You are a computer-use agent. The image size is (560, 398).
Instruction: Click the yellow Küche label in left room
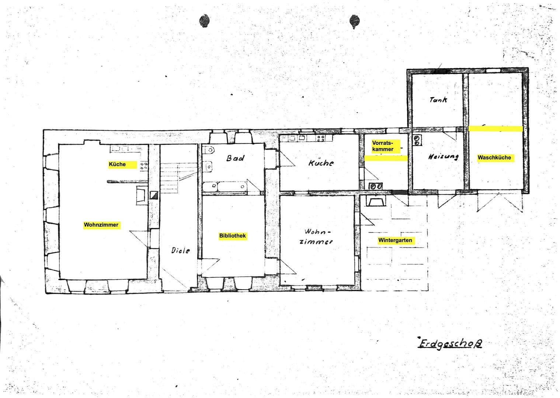(x=117, y=164)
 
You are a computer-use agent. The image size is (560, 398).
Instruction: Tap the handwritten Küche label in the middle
(x=321, y=163)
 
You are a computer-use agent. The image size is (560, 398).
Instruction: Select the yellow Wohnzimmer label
(x=101, y=225)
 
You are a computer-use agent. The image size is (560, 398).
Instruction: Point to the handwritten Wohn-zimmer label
(x=317, y=237)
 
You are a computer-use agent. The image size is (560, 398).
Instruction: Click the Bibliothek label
(x=232, y=236)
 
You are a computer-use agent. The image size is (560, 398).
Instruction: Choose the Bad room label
(x=235, y=158)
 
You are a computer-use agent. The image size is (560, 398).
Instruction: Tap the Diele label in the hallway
(x=181, y=251)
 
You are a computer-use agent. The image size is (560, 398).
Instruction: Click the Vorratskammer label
(x=383, y=146)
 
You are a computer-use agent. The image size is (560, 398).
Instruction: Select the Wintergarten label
(x=395, y=240)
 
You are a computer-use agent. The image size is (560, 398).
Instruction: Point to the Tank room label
(x=438, y=99)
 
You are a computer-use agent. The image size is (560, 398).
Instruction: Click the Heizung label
(x=443, y=157)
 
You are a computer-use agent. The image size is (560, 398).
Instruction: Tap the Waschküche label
(x=494, y=158)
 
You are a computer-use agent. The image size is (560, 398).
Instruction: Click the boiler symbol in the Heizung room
(x=417, y=140)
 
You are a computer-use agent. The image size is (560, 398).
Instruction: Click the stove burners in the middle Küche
(x=321, y=139)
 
